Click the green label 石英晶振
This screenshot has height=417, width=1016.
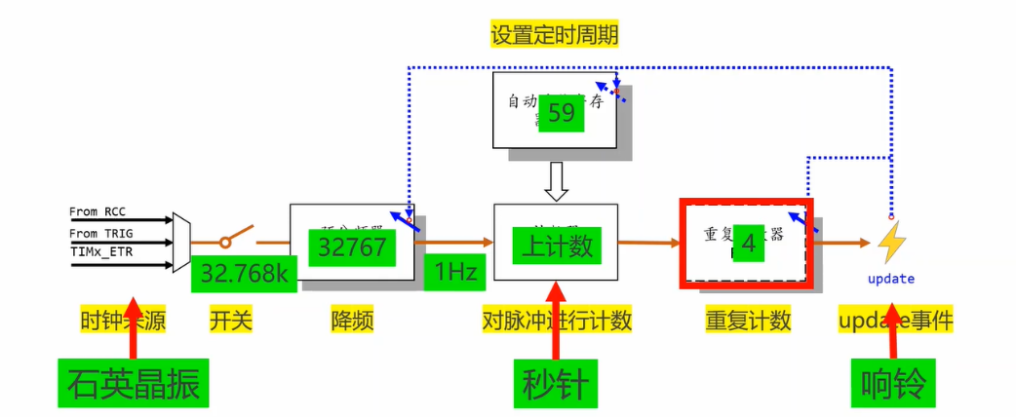[x=134, y=384]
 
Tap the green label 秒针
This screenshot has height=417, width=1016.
[x=554, y=384]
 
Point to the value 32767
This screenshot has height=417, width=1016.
[x=352, y=247]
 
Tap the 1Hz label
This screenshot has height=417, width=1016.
[x=455, y=274]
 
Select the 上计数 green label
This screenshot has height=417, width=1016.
[x=557, y=246]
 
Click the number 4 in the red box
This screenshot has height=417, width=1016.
[x=748, y=245]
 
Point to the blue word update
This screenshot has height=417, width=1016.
[x=891, y=279]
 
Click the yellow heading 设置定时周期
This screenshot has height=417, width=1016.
[x=554, y=36]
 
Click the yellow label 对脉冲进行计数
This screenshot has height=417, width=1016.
[x=557, y=320]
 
